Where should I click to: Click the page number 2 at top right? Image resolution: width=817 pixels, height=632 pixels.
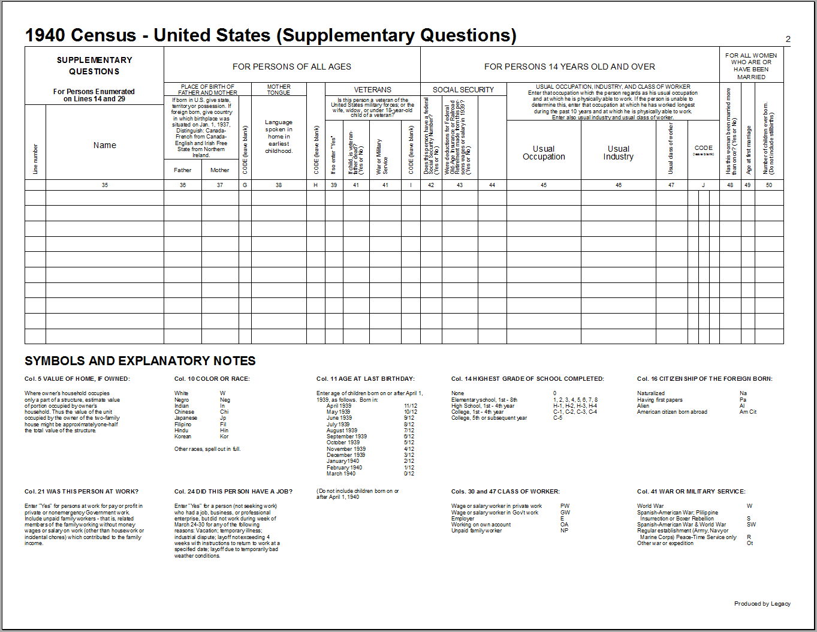tap(788, 40)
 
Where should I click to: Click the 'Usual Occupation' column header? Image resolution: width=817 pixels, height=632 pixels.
tap(544, 153)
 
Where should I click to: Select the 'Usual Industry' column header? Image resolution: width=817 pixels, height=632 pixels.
tap(618, 153)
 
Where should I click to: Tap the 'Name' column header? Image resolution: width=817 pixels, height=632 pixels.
tap(105, 145)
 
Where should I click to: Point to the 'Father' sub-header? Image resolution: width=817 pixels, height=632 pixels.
tap(182, 170)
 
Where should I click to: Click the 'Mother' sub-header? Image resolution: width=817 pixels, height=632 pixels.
tap(219, 170)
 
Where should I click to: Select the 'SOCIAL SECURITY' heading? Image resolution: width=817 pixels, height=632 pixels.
tap(463, 90)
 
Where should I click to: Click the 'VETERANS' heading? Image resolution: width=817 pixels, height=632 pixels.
tap(372, 90)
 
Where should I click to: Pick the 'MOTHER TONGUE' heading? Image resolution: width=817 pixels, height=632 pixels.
tap(279, 90)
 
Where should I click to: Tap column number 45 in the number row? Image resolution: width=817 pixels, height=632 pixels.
tap(544, 185)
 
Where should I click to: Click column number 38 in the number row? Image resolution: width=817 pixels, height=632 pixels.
tap(279, 185)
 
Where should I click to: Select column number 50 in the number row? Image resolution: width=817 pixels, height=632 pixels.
tap(769, 185)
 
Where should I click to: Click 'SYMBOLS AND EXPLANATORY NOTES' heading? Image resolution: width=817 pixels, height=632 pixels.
tap(140, 361)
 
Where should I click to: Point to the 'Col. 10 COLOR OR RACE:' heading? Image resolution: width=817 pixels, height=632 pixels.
tap(212, 379)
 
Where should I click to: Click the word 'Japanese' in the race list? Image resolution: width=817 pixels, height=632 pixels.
tap(186, 418)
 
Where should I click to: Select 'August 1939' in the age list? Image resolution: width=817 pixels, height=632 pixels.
tap(342, 431)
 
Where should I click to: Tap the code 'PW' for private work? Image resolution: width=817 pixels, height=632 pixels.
tap(565, 506)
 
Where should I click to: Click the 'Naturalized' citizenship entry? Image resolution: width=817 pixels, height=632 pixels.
tap(651, 393)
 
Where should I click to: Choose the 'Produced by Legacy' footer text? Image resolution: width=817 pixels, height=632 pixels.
tap(762, 604)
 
